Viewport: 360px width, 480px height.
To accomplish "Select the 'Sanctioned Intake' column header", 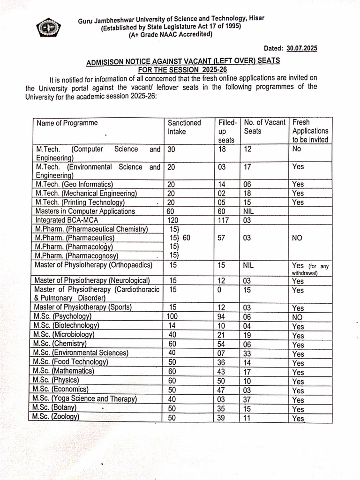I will (x=184, y=127).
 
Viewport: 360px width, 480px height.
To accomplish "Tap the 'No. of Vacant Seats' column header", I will (x=264, y=127).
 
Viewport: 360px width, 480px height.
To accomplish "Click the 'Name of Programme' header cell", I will (x=67, y=123).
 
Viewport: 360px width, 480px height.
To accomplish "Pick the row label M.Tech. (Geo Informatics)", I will (x=75, y=184).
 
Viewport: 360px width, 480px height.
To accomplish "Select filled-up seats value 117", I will (x=224, y=220).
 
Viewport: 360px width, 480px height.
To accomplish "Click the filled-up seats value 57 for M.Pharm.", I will (x=223, y=238).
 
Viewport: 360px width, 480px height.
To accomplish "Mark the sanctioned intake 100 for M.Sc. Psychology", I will (x=173, y=316).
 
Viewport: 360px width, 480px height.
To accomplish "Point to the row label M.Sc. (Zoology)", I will (x=56, y=417).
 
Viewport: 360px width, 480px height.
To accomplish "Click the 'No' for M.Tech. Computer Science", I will (x=297, y=149).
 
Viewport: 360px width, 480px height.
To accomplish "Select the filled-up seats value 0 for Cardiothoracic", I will (x=221, y=290).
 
